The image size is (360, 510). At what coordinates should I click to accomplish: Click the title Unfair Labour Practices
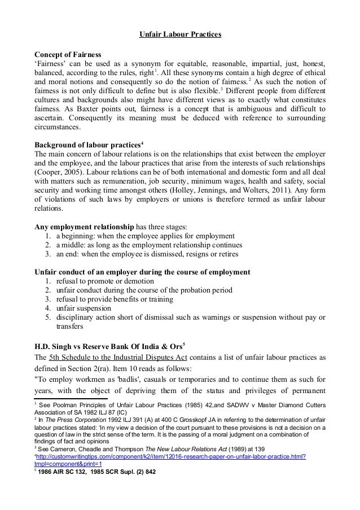pyautogui.click(x=181, y=36)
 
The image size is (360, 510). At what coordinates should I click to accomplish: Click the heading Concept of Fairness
pyautogui.click(x=68, y=55)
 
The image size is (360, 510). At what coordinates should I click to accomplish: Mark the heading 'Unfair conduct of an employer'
pyautogui.click(x=143, y=272)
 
